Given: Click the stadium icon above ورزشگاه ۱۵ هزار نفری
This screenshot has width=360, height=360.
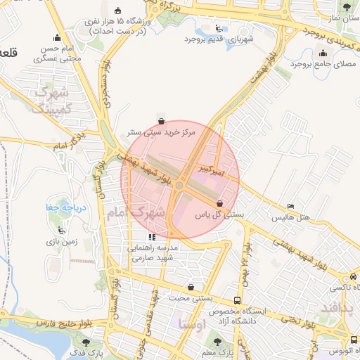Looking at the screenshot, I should [118, 11].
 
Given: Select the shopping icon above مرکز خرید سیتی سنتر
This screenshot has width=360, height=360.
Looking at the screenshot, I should [162, 120].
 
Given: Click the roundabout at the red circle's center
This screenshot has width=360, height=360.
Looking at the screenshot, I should [180, 185].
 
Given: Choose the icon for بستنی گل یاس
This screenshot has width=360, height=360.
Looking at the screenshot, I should [219, 202].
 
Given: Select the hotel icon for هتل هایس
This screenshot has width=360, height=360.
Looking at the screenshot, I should [291, 207].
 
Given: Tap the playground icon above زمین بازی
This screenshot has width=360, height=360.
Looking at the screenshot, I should [63, 231].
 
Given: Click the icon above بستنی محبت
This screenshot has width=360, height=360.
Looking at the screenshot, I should [191, 287].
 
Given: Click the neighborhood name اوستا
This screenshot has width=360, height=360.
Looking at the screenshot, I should [191, 325].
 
